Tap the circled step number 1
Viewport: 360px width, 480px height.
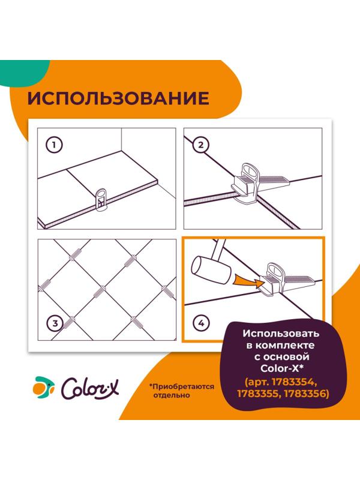coord(55,145)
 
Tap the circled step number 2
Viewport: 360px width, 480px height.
coord(200,145)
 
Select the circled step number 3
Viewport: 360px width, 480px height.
coord(55,324)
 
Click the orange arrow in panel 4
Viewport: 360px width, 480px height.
coord(245,277)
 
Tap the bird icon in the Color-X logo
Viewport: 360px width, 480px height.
coord(44,387)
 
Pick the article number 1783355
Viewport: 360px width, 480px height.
coord(256,394)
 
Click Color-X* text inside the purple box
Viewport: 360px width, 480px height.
coord(281,370)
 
